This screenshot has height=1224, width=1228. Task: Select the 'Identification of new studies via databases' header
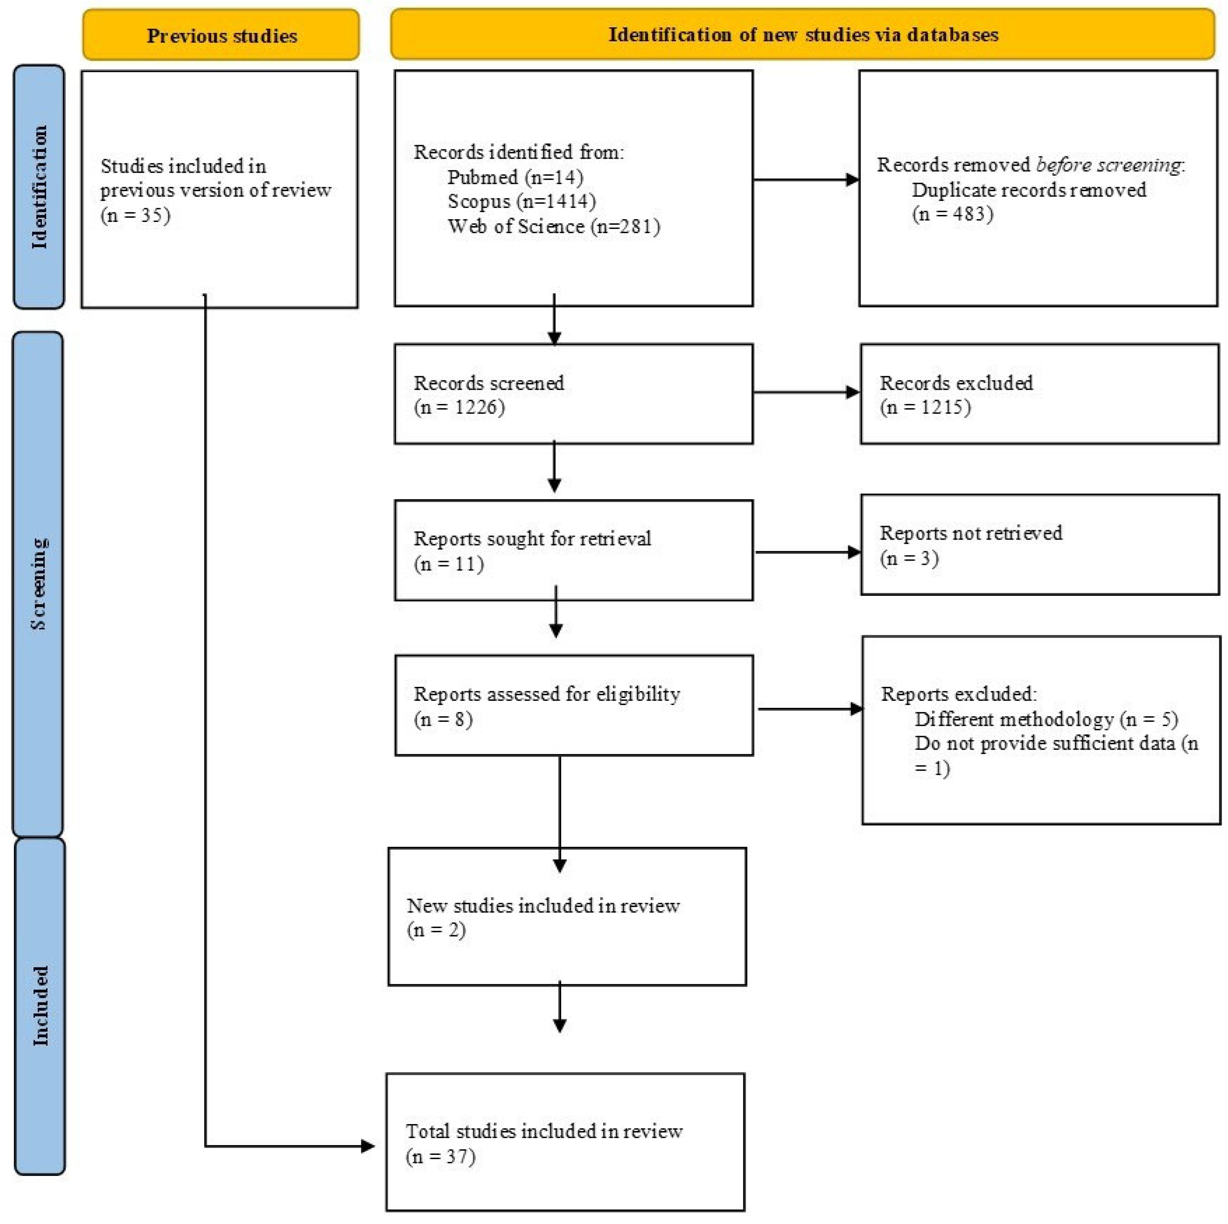[803, 34]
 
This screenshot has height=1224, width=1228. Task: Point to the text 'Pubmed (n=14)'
[515, 177]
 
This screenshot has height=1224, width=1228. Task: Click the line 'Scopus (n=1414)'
[521, 202]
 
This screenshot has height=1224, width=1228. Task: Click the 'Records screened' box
[573, 394]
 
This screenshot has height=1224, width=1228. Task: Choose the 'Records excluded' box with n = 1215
[1039, 394]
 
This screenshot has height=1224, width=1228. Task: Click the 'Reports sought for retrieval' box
[573, 550]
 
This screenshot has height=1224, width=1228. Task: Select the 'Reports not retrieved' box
[1040, 545]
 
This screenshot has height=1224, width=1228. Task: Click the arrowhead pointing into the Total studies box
[367, 1147]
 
